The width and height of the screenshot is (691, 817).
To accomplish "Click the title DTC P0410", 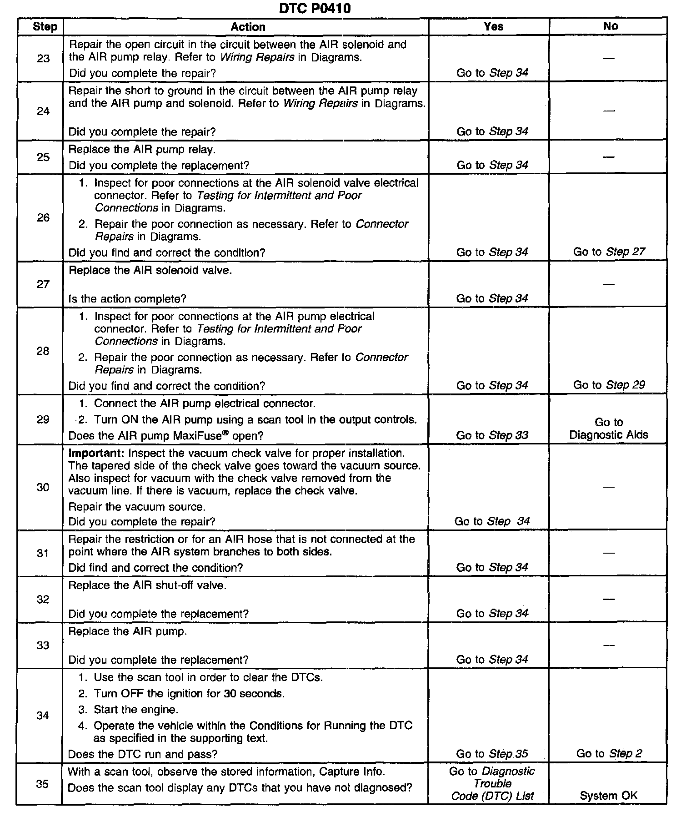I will [x=315, y=8].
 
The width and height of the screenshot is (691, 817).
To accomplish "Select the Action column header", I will [x=248, y=27].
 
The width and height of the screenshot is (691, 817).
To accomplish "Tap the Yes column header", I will [x=493, y=26].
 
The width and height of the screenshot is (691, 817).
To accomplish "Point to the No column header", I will [x=610, y=26].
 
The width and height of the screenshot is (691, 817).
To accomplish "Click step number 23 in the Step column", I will [x=43, y=59].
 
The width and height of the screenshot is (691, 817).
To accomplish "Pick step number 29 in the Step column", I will [x=43, y=419].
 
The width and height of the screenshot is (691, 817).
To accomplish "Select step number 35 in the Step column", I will [x=42, y=784].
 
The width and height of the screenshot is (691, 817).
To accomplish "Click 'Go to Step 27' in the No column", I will [x=609, y=252].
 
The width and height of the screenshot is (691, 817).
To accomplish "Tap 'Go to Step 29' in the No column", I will [x=609, y=385].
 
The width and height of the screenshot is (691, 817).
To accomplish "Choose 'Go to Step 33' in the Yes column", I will [x=492, y=435].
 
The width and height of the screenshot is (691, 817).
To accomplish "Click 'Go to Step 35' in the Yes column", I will [x=492, y=754].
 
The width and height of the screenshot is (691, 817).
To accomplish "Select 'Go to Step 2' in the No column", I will [x=609, y=753].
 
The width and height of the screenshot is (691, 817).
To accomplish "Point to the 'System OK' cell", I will [x=608, y=796].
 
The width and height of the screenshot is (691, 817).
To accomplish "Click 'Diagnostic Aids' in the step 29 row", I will [x=608, y=434].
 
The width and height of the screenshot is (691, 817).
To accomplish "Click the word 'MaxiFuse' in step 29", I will [x=197, y=436].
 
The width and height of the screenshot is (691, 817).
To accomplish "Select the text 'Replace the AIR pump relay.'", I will [x=142, y=149].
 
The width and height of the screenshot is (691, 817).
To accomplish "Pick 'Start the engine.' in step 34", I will [x=136, y=709].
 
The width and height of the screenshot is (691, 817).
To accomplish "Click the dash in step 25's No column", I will [x=608, y=156].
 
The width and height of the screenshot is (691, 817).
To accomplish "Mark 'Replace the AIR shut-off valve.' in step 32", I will [x=147, y=585].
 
